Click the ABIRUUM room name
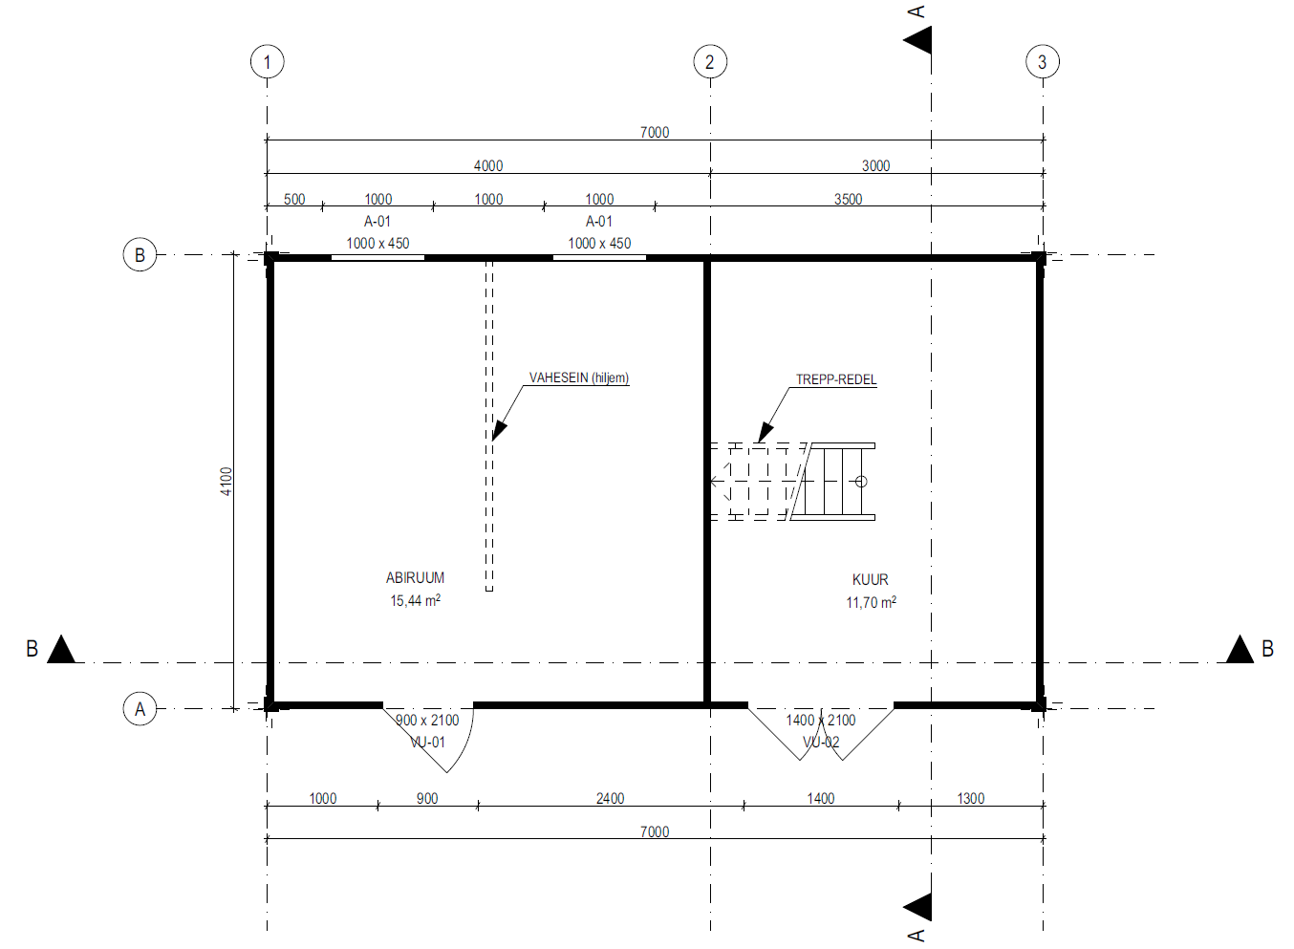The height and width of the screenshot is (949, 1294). pyautogui.click(x=415, y=577)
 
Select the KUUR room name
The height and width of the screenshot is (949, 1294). pyautogui.click(x=870, y=579)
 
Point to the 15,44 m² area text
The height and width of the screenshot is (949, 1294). pyautogui.click(x=415, y=600)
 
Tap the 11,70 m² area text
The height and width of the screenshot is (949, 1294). pyautogui.click(x=872, y=602)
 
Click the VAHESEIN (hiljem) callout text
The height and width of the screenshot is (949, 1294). pyautogui.click(x=579, y=377)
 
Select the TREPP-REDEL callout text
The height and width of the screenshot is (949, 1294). pyautogui.click(x=836, y=379)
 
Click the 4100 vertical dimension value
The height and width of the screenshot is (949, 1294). pyautogui.click(x=226, y=481)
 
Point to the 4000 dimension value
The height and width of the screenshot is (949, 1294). pyautogui.click(x=488, y=165)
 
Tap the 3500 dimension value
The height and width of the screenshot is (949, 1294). pyautogui.click(x=848, y=200)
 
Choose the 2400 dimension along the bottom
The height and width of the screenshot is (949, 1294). pyautogui.click(x=610, y=798)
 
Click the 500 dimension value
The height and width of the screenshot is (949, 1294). pyautogui.click(x=294, y=200)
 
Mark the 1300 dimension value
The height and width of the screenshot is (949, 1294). pyautogui.click(x=971, y=798)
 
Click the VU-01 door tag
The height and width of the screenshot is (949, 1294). pyautogui.click(x=427, y=743)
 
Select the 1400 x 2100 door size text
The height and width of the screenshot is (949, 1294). pyautogui.click(x=820, y=720)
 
